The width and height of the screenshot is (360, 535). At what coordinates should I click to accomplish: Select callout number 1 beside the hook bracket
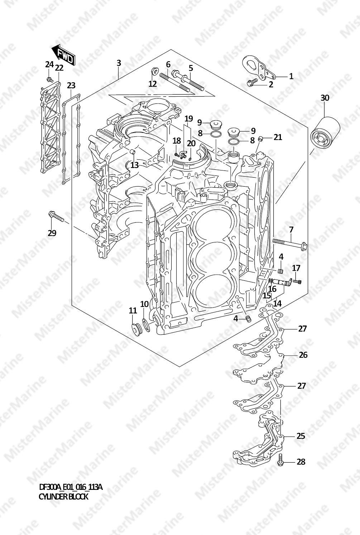pyautogui.click(x=291, y=76)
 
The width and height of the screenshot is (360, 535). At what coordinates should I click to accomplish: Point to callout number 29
pyautogui.click(x=52, y=233)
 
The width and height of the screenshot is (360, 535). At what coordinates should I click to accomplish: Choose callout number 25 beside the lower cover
pyautogui.click(x=301, y=436)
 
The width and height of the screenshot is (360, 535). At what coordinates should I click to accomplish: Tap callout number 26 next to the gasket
pyautogui.click(x=303, y=355)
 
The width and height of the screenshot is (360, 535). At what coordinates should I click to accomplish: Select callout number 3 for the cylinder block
pyautogui.click(x=119, y=63)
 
